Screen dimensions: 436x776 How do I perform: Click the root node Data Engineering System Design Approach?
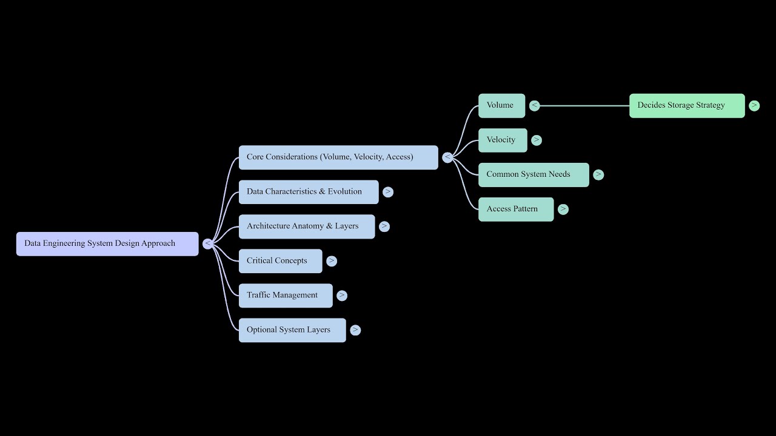[107, 243]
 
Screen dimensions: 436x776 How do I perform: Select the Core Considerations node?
[338, 157]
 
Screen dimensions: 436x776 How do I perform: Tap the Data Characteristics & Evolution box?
[308, 192]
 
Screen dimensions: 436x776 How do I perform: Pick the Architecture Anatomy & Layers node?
[306, 226]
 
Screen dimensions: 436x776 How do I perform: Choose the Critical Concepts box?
[280, 261]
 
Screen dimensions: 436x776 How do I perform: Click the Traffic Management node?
[285, 296]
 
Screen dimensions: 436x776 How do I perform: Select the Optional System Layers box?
[292, 330]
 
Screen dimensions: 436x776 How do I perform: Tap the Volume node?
[501, 105]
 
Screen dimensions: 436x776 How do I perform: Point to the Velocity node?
[502, 140]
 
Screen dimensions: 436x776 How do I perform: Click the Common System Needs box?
[533, 174]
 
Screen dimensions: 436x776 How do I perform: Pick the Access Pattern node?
[515, 209]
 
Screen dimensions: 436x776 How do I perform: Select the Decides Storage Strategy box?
[686, 105]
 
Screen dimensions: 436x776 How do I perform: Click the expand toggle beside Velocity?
[537, 140]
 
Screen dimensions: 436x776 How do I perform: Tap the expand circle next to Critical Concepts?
[332, 261]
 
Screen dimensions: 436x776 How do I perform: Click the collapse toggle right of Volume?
[534, 105]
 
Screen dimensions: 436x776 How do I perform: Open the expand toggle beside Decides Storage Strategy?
[754, 105]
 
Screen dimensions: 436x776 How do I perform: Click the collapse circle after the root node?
[208, 243]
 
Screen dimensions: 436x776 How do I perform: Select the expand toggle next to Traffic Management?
[342, 296]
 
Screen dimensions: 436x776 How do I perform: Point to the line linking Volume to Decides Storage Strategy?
[582, 105]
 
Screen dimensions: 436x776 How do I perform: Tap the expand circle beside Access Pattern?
[563, 209]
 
